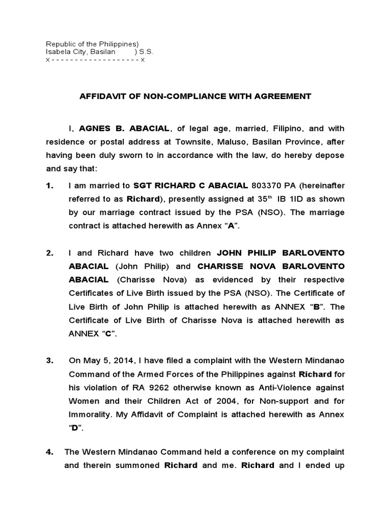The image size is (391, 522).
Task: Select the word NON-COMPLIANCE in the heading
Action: click(175, 95)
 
